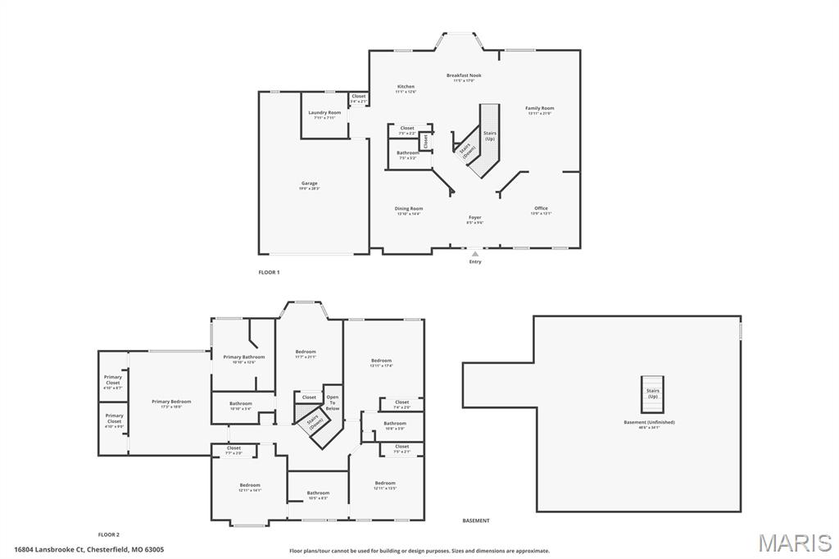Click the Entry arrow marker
point(475,255)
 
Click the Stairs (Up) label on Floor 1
point(490,135)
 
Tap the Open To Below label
point(333,402)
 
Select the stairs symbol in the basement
point(653,393)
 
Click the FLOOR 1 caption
point(269,272)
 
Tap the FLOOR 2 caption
point(109,534)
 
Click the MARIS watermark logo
point(794,543)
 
